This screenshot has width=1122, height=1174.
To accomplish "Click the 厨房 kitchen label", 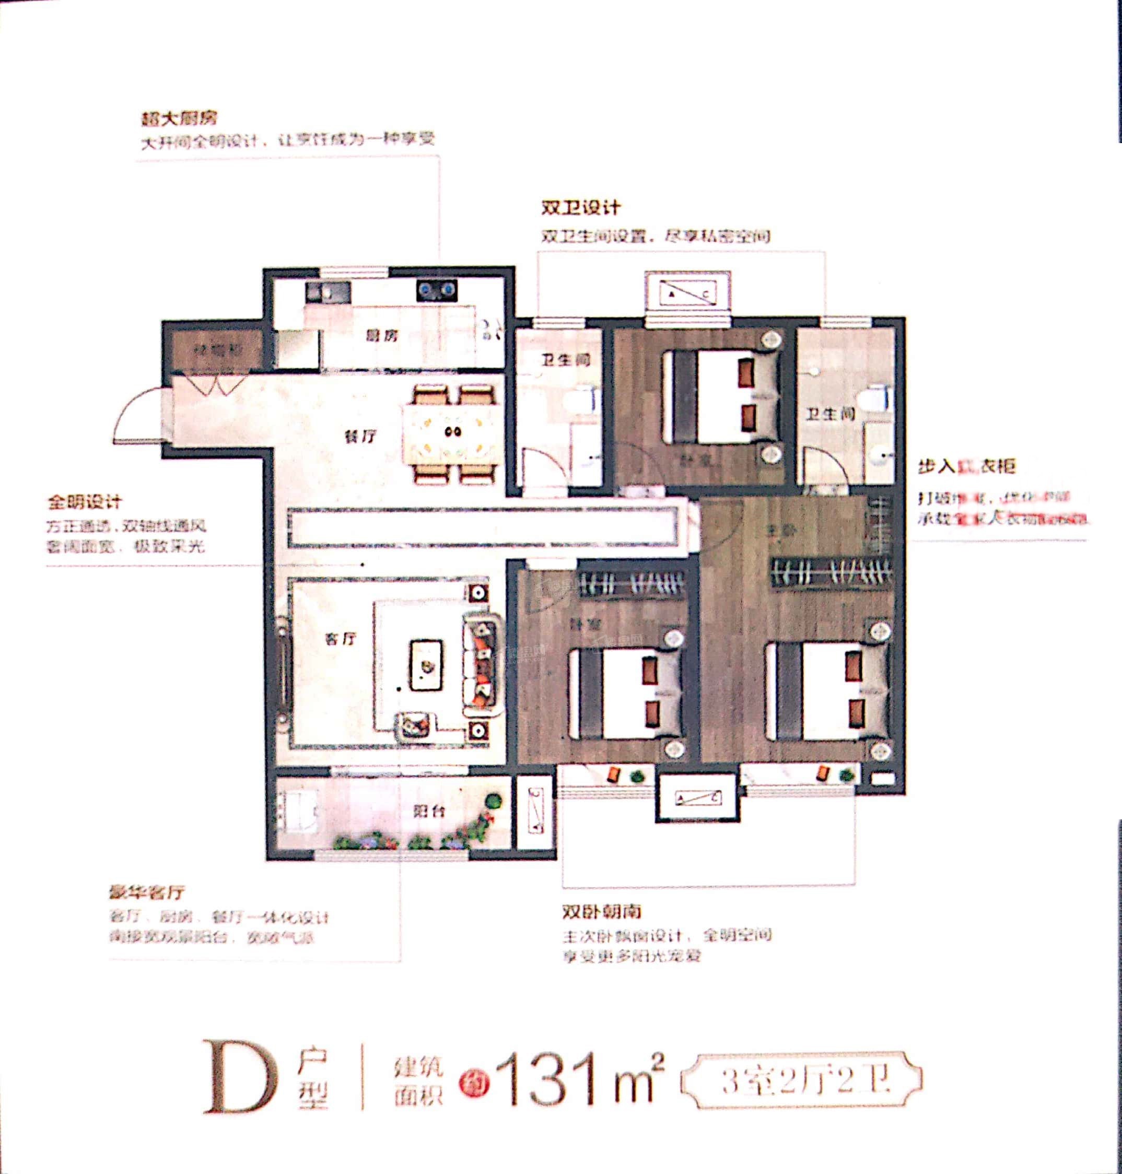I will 382,335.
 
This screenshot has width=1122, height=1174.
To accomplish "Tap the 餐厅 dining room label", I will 360,436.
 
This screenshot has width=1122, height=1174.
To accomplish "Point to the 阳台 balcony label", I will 429,811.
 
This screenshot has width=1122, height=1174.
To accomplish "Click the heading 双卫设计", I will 581,207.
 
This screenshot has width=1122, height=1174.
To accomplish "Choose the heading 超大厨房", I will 179,118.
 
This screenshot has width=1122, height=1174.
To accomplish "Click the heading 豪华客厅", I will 147,893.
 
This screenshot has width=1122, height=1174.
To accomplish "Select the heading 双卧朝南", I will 602,911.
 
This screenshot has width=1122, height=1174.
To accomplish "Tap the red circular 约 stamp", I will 474,1083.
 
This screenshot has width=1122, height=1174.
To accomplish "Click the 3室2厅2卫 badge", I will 802,1080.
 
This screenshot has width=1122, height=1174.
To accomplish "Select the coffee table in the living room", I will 426,665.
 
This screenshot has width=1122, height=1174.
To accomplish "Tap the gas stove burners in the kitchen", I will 437,291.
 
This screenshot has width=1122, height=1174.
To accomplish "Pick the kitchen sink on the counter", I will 328,292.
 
